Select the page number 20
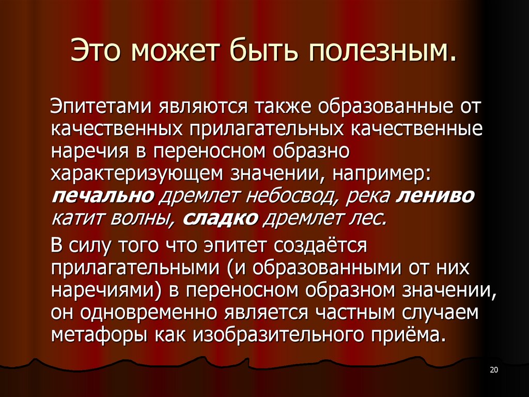coord(493,369)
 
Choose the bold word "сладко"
coord(221,218)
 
